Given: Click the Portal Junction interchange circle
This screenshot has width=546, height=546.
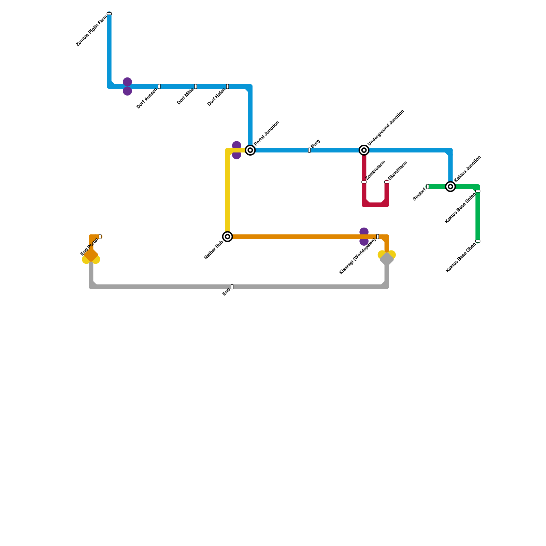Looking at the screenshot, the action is click(x=250, y=150).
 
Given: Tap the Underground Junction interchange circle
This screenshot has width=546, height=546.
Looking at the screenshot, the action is click(x=364, y=150).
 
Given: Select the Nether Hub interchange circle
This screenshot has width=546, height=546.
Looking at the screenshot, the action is click(x=228, y=236).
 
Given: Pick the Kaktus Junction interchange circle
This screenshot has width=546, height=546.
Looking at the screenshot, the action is click(x=450, y=186).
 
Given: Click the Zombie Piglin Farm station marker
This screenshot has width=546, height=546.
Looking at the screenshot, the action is click(x=109, y=14).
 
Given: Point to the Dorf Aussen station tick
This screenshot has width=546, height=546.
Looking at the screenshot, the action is click(x=159, y=86).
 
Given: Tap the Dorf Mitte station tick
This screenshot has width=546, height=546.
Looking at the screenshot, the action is click(x=196, y=86).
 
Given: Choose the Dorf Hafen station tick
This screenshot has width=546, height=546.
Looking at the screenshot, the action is click(x=228, y=86).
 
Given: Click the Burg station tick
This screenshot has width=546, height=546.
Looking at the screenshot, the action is click(x=310, y=150).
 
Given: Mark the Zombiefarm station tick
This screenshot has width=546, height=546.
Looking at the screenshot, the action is click(x=364, y=182).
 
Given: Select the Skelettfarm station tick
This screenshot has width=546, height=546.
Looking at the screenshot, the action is click(x=387, y=182).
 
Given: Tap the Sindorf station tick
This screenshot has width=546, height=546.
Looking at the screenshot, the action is click(x=428, y=186).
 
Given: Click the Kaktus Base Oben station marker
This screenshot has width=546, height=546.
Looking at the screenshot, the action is click(x=478, y=241).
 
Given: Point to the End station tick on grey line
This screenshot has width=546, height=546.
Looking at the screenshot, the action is click(x=232, y=287).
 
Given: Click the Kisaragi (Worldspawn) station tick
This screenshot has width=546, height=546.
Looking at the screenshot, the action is click(x=378, y=236).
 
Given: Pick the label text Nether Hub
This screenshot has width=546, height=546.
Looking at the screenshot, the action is click(x=214, y=250).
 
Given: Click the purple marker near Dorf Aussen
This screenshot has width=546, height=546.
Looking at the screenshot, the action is click(x=127, y=86).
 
